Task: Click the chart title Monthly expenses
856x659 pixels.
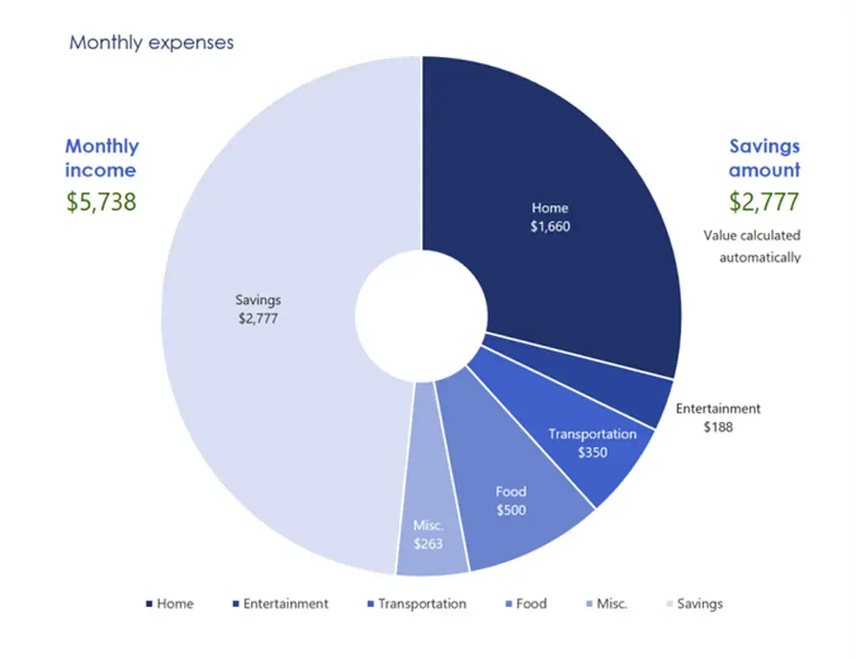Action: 151,42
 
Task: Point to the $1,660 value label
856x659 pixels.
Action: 549,225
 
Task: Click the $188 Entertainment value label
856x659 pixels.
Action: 717,427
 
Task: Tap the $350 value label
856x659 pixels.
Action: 592,452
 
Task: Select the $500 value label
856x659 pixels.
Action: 510,510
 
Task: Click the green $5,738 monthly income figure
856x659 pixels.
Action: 101,201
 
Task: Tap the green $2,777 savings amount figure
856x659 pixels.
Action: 764,201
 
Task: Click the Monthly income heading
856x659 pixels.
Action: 101,158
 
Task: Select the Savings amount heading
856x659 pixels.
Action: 764,158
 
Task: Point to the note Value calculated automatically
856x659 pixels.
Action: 751,246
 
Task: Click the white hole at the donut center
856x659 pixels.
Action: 421,313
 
